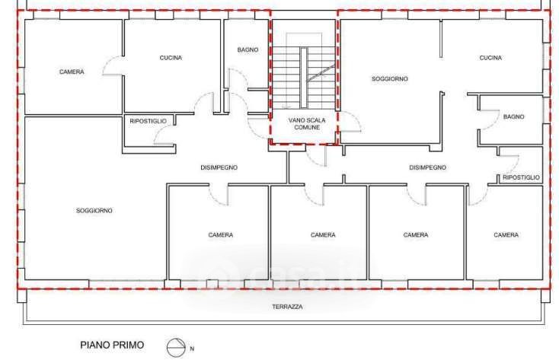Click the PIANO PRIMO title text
(x=112, y=345)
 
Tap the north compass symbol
(x=176, y=348)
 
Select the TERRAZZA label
(x=288, y=307)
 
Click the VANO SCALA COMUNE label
(x=307, y=124)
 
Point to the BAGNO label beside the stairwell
(x=248, y=50)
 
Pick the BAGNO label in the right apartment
(x=514, y=116)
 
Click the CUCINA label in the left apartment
(x=171, y=58)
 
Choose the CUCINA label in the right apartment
(x=490, y=58)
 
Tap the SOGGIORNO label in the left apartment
(x=94, y=211)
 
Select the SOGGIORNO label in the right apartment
(x=390, y=78)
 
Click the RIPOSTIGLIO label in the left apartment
(x=148, y=121)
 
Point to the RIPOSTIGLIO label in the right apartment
(x=521, y=177)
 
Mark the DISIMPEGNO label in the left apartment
(x=219, y=167)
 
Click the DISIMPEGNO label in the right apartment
(x=427, y=167)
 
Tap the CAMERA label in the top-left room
(x=72, y=72)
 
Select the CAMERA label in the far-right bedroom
(x=506, y=235)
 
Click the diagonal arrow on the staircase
(x=321, y=73)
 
